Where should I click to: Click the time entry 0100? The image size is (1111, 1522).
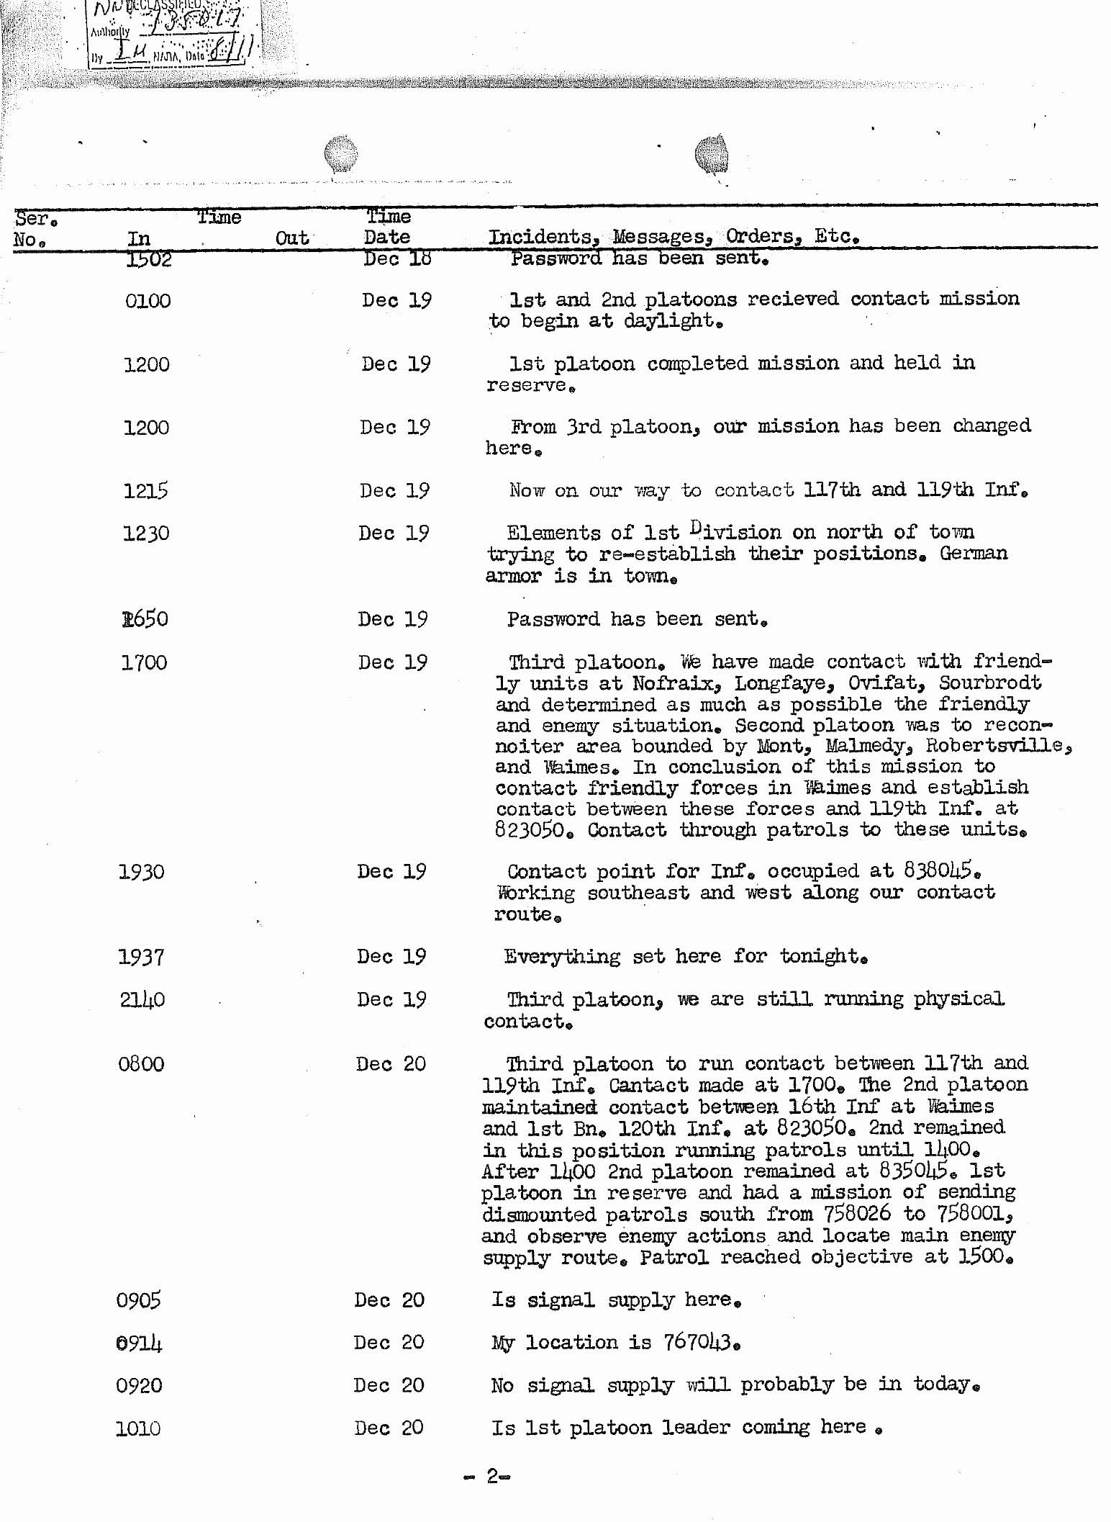tap(148, 301)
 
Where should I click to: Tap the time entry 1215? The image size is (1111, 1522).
tap(145, 491)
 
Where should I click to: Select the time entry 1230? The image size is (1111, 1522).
tap(145, 533)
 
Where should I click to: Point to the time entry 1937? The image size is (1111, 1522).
tap(141, 957)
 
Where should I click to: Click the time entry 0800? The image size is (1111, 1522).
tap(141, 1064)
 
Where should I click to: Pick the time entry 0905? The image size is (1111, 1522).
tap(139, 1300)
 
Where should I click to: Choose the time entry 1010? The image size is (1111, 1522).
tap(138, 1428)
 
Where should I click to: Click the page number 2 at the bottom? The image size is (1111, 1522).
tap(492, 1476)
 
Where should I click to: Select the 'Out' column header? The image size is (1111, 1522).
tap(292, 238)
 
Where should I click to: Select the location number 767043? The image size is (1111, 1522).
tap(697, 1343)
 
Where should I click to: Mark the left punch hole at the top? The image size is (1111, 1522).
tap(340, 153)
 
